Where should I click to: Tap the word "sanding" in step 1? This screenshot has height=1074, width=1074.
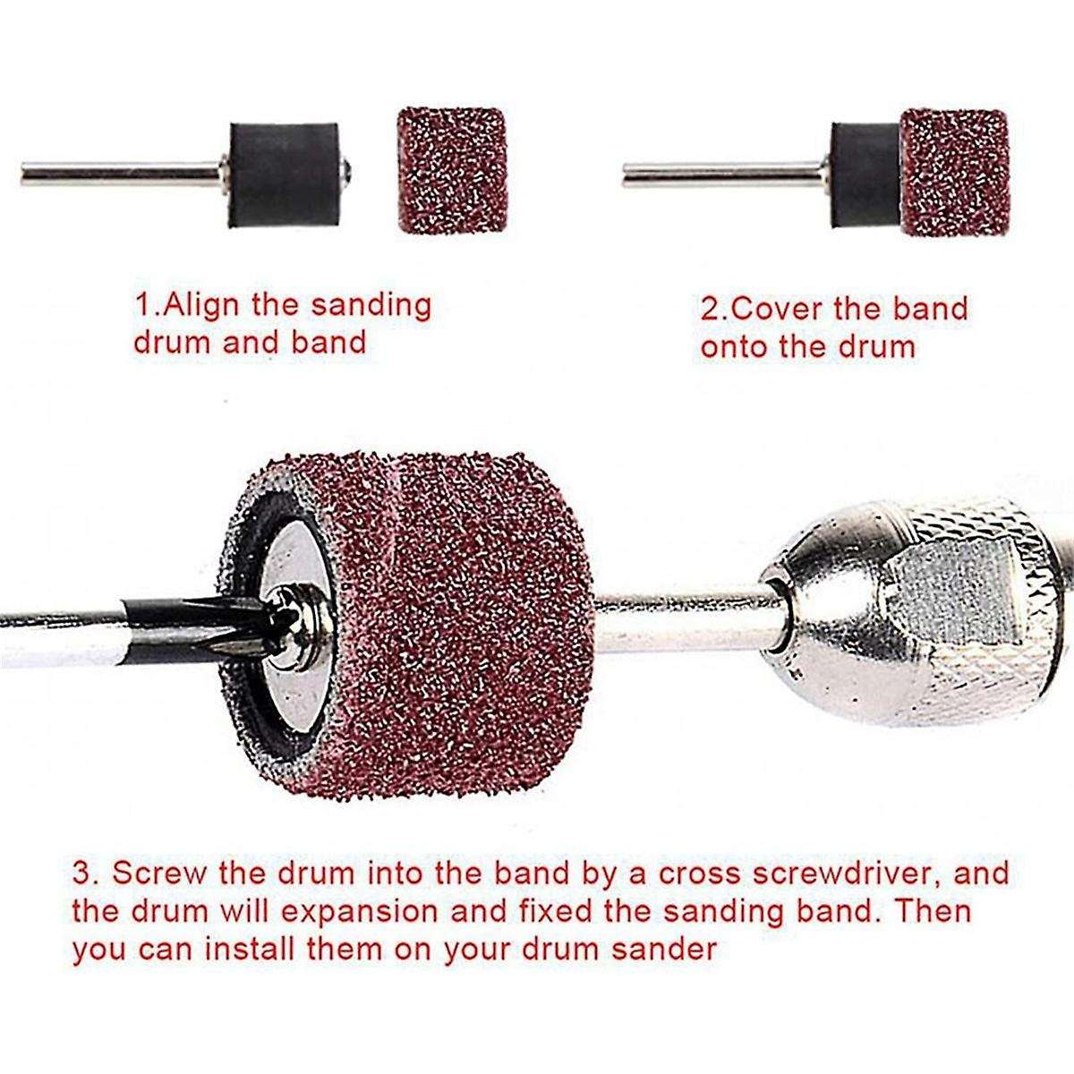click(x=371, y=307)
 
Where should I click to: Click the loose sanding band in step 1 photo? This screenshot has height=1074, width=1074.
click(x=452, y=170)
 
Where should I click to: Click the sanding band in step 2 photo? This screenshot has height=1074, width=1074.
click(x=956, y=173)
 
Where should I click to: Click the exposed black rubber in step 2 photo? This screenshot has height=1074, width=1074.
click(x=865, y=175)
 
